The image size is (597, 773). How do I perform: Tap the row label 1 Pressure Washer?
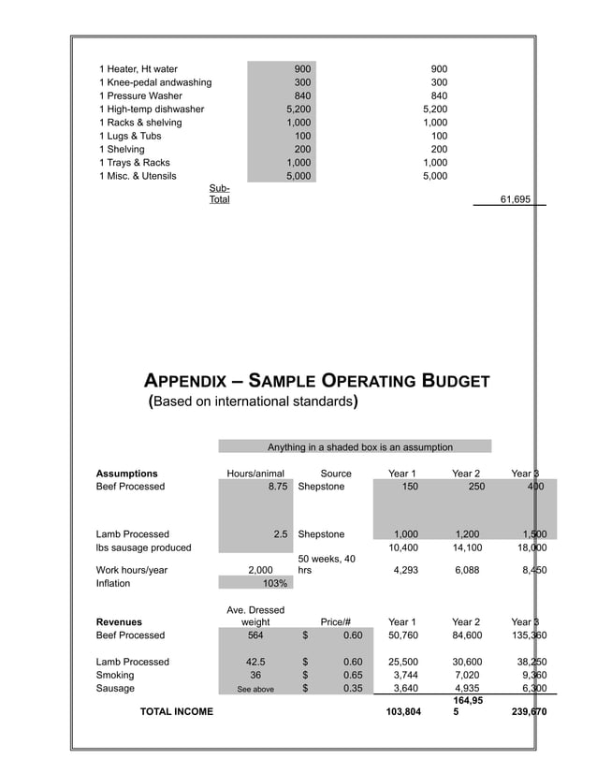[x=145, y=95]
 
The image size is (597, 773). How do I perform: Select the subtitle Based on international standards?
[x=254, y=402]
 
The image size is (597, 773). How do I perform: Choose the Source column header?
[x=336, y=474]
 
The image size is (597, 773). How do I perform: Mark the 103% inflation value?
[x=275, y=583]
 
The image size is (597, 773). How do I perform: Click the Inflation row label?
[x=113, y=583]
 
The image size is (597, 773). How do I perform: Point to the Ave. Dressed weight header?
[x=255, y=616]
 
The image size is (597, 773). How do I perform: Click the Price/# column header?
[x=335, y=622]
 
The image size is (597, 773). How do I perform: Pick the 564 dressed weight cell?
[x=255, y=635]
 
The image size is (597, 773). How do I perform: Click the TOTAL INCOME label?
[x=176, y=712]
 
